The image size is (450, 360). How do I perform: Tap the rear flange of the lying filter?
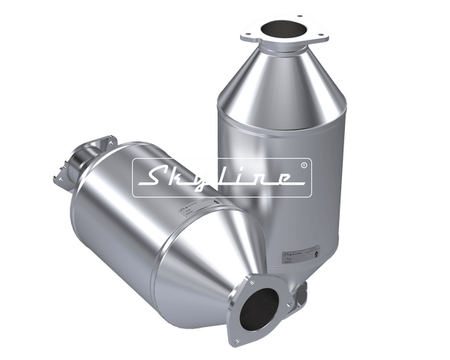[x=75, y=161]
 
